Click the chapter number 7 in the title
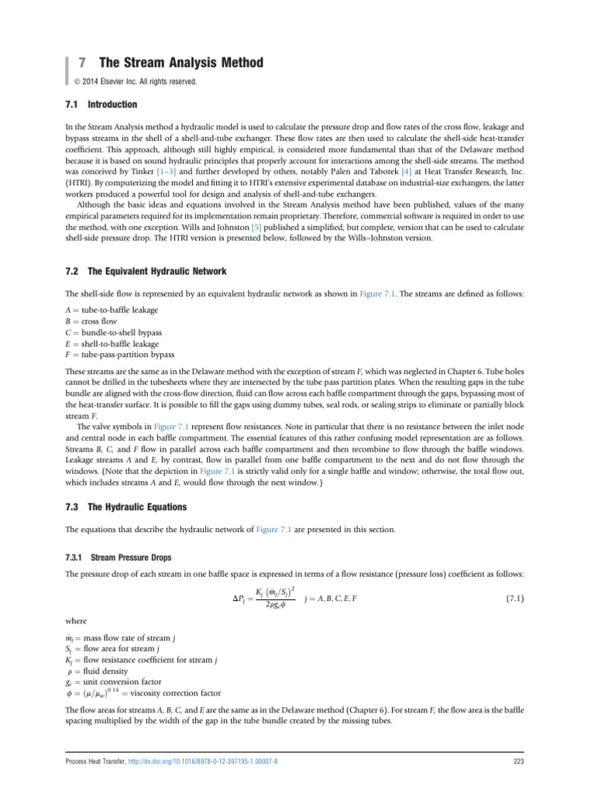(x=81, y=63)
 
